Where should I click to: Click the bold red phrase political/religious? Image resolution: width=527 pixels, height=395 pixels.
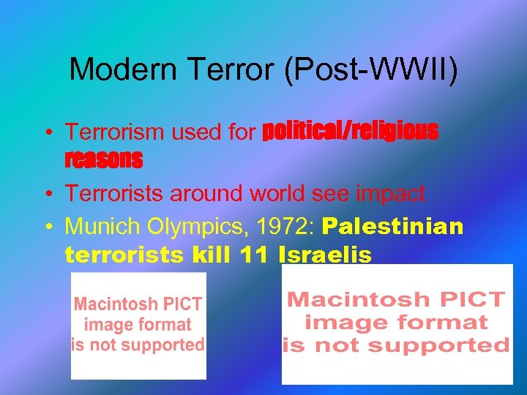(x=351, y=131)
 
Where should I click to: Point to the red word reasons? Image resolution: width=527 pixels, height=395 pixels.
(x=103, y=158)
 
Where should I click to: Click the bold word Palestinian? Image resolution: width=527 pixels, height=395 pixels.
(x=392, y=226)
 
